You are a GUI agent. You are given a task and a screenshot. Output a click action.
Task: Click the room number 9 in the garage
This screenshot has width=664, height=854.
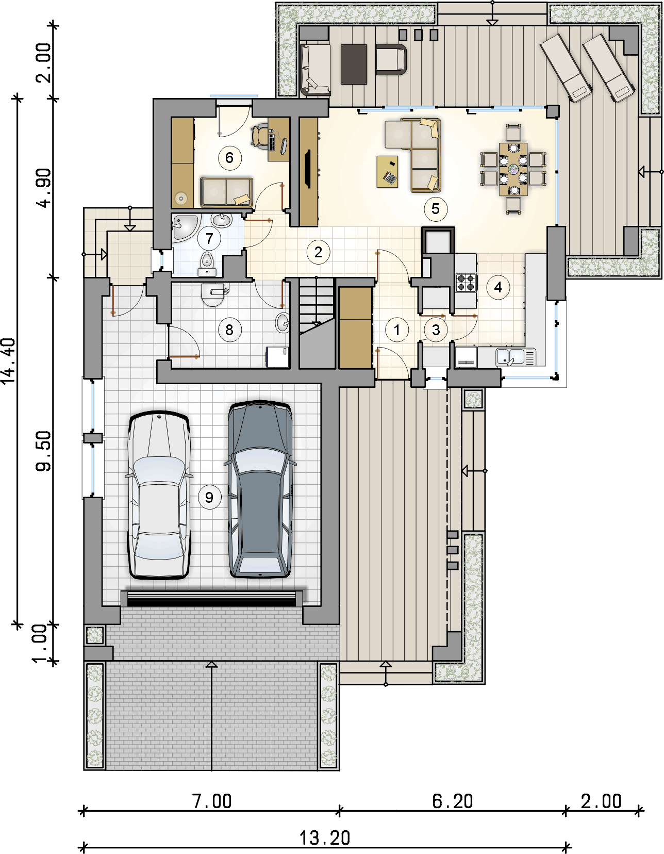pos(209,498)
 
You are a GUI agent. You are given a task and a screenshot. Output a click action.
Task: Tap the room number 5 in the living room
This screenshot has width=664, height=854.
pos(435,209)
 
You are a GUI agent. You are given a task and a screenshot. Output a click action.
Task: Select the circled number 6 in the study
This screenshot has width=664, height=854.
pos(229,158)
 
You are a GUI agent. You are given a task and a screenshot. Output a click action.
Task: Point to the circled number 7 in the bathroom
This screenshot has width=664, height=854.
pos(209,238)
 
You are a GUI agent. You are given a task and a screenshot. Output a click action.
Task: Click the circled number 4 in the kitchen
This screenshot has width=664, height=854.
pos(498,287)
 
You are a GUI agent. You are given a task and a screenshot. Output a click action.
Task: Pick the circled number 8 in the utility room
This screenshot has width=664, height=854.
pos(229,330)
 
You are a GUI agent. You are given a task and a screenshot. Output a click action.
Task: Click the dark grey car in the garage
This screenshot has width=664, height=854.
pos(260,489)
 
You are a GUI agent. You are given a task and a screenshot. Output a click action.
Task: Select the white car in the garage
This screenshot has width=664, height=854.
pos(159,495)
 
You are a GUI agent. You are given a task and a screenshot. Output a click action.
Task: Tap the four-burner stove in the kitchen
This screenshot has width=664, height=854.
pos(467,283)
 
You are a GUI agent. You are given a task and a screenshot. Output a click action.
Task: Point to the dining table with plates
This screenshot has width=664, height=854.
pos(513,169)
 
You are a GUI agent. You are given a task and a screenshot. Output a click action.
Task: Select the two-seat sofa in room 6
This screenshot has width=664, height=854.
pos(226,192)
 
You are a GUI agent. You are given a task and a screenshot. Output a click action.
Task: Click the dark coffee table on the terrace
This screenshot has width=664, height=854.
pos(354,64)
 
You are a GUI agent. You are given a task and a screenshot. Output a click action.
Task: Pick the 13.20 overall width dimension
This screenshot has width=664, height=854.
pos(325,839)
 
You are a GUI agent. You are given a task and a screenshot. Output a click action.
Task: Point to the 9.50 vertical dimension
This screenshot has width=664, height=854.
pos(43,451)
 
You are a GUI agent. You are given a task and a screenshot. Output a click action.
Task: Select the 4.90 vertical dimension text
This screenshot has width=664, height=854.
pos(43,188)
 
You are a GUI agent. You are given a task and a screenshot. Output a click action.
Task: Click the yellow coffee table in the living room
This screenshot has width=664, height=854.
pos(387,171)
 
